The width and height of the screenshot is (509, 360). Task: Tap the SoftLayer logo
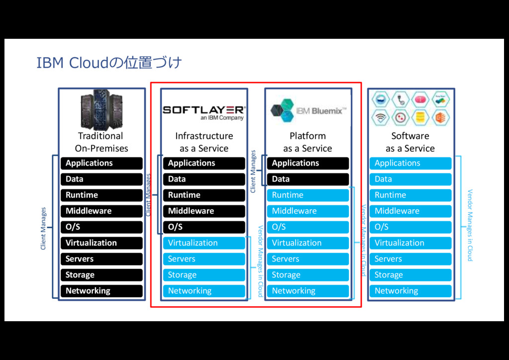[x=203, y=112]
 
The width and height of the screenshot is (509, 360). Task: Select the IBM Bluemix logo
[x=308, y=110]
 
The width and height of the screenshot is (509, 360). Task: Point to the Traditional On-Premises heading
[x=101, y=142]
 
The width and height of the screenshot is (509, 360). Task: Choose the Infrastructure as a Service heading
[x=204, y=142]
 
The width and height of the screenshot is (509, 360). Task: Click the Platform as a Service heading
[x=308, y=142]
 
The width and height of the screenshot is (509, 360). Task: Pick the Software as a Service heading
[x=410, y=142]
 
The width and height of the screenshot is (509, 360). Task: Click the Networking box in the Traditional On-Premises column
[x=101, y=291]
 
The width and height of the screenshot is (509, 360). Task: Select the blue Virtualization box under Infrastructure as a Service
[x=204, y=243]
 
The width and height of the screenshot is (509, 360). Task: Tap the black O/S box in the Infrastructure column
[x=204, y=227]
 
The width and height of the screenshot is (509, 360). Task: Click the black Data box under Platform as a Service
[x=308, y=179]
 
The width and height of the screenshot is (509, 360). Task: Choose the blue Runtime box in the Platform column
[x=308, y=195]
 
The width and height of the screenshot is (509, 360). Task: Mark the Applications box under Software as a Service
[x=410, y=163]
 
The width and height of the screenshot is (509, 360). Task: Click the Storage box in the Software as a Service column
[x=410, y=275]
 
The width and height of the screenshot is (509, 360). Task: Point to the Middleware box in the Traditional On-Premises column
[x=101, y=211]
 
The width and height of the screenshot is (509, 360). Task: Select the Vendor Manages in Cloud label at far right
[x=469, y=225]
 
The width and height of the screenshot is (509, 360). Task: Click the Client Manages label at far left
[x=44, y=228]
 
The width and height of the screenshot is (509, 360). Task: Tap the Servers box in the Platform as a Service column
[x=308, y=259]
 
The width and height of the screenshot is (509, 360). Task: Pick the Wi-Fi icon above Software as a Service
[x=381, y=118]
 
